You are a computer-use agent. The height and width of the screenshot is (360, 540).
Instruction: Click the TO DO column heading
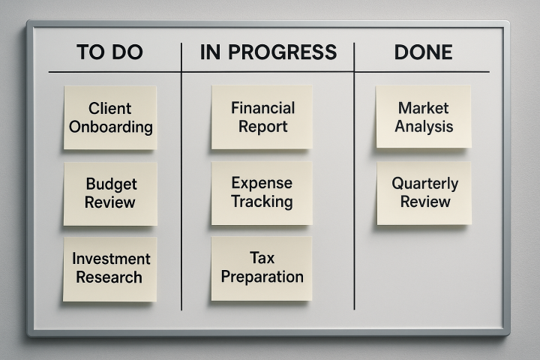[109, 52]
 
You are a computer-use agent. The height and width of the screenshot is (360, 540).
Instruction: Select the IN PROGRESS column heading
[268, 52]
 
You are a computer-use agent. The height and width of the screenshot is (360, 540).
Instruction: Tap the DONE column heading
[423, 52]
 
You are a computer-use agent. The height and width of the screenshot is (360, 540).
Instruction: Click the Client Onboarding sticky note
[110, 118]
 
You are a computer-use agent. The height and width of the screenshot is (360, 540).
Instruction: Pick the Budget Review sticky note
[110, 194]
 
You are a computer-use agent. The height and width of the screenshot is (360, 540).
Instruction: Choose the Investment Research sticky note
[109, 269]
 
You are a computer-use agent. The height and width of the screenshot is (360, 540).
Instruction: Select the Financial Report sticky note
[262, 117]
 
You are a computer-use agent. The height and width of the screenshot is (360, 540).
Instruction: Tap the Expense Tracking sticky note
[262, 193]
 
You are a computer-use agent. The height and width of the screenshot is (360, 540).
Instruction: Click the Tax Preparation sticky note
[262, 268]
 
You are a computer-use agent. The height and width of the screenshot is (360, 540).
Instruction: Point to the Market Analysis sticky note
[424, 117]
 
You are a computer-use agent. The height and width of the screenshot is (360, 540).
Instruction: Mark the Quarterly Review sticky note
[424, 193]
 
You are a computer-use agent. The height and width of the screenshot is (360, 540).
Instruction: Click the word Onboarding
[110, 127]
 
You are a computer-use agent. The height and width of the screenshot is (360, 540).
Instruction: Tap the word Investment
[111, 259]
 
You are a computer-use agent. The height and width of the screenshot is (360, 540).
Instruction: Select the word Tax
[262, 258]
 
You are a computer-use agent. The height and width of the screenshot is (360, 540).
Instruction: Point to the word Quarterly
[425, 184]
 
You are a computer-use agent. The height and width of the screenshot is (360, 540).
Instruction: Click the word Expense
[262, 183]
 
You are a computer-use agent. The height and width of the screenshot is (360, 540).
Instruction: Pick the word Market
[423, 108]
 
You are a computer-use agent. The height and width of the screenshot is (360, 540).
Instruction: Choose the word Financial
[262, 108]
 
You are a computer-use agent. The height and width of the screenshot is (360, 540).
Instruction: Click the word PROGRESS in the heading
[283, 52]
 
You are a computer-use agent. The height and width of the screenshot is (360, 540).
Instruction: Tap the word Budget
[111, 184]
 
